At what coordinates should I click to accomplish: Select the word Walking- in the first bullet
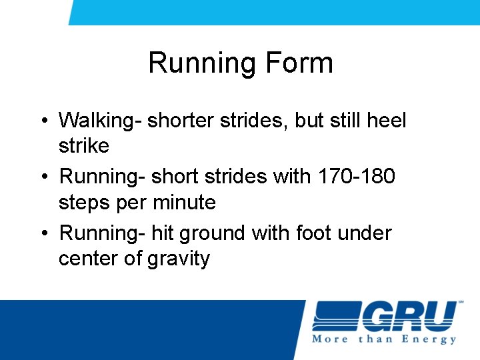point(100,121)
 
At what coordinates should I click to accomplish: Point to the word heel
point(387,121)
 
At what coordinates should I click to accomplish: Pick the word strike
point(84,145)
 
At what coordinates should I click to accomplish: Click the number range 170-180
point(356,177)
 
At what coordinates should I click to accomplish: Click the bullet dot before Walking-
point(43,122)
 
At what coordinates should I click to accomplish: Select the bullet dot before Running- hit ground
point(43,234)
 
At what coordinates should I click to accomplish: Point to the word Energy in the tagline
point(429,339)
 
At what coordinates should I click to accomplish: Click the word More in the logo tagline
point(331,339)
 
